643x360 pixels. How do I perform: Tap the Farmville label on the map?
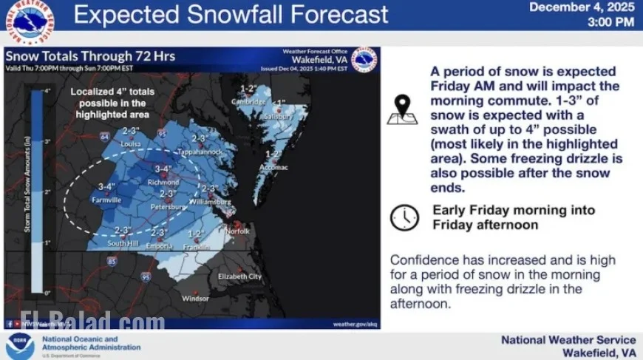[106, 200]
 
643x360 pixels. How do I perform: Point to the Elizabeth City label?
[239, 276]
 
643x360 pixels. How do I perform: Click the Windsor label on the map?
[196, 299]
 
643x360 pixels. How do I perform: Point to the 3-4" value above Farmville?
[107, 187]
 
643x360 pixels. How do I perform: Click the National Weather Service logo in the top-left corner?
[30, 21]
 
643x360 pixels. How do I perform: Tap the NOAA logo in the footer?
[20, 346]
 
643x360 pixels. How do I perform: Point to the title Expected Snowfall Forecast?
[231, 15]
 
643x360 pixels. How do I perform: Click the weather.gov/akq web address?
[355, 324]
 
